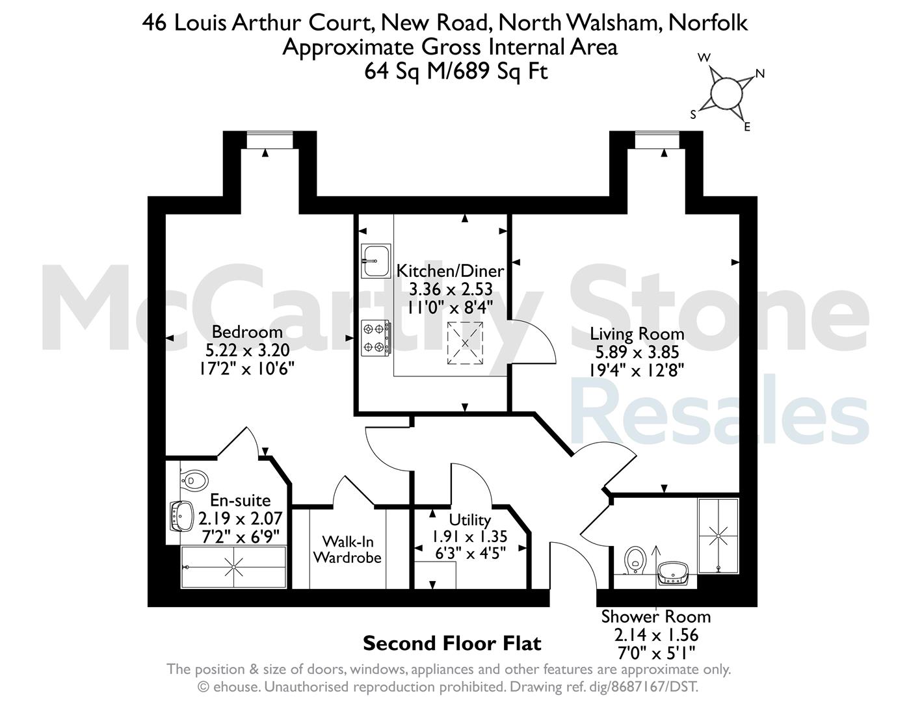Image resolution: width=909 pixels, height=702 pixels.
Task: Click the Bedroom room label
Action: (247, 332)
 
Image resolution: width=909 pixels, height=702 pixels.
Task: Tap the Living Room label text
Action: (637, 334)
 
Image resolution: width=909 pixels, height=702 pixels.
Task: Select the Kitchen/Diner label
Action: (450, 271)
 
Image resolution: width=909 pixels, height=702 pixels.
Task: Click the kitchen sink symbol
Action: (376, 261)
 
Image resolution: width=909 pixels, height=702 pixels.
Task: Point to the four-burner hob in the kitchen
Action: (376, 338)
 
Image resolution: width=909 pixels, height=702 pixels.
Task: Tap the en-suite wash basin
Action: (182, 515)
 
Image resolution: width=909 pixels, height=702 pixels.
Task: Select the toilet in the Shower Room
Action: (635, 560)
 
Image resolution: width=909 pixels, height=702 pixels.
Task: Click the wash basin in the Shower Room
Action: (674, 573)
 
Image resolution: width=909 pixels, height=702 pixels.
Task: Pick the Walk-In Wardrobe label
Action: (348, 549)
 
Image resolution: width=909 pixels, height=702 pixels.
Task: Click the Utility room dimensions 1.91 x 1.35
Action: (469, 536)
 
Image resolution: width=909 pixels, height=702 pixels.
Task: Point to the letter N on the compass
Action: (759, 74)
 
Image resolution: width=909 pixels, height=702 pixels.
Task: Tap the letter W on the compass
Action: (704, 58)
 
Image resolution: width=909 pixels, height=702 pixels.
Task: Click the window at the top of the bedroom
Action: (269, 140)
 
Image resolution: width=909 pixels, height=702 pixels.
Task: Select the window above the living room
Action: (657, 140)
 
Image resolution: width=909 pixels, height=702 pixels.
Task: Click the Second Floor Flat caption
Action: (452, 643)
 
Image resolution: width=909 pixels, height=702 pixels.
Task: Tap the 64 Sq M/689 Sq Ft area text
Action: (456, 71)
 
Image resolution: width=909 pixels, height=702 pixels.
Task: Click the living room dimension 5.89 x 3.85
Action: (637, 352)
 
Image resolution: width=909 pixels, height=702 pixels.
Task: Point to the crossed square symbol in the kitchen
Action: (465, 343)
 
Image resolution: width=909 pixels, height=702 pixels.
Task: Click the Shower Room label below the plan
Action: (656, 616)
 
